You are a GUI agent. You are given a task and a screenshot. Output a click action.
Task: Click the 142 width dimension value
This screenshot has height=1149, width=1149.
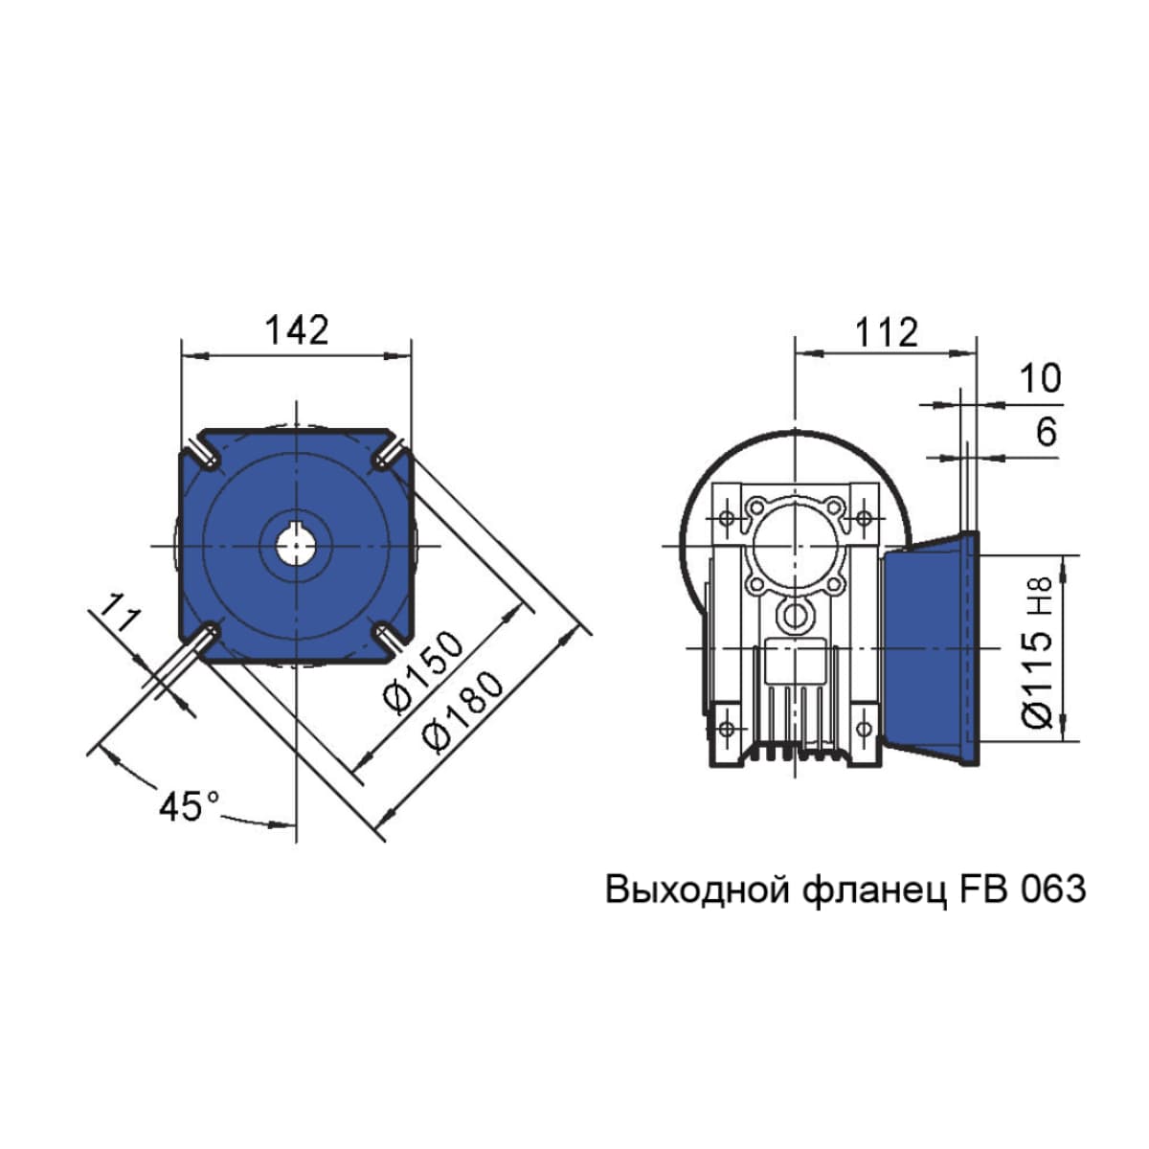297,330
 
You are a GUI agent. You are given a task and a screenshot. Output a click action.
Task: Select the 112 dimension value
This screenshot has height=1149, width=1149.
886,332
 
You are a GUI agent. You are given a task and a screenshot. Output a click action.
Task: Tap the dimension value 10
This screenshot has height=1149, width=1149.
1040,378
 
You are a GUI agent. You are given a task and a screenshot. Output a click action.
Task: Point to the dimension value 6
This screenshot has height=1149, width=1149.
1047,432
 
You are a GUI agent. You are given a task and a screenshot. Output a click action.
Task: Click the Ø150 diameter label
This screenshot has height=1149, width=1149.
423,671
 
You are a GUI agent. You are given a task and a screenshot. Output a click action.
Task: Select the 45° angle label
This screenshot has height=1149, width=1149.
189,807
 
